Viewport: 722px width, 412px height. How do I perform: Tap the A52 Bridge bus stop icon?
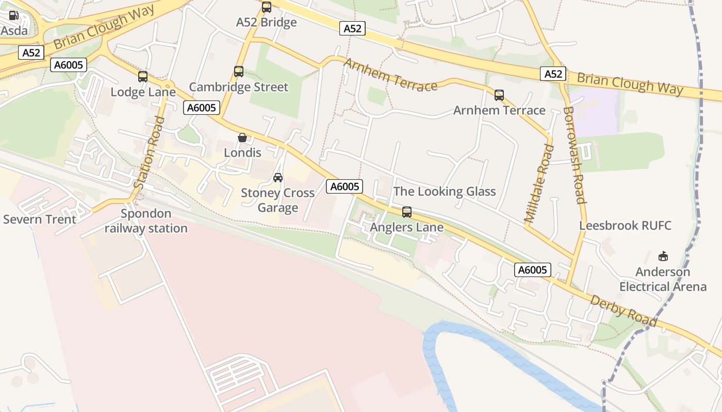[x=267, y=7]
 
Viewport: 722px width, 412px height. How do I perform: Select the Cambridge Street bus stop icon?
[x=239, y=72]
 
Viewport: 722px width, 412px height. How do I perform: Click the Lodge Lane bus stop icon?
[x=143, y=77]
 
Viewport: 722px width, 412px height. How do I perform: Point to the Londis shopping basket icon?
[x=242, y=138]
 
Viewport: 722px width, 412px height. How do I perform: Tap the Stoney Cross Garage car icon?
[x=278, y=178]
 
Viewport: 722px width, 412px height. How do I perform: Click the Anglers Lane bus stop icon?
[x=407, y=212]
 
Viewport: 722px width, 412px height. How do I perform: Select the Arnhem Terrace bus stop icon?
[x=499, y=95]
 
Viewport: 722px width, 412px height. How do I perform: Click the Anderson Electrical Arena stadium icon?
[x=663, y=256]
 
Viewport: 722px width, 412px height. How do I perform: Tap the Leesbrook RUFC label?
[x=625, y=226]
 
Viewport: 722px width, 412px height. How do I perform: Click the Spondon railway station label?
[x=146, y=221]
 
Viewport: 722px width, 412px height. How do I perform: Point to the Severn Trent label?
[x=40, y=219]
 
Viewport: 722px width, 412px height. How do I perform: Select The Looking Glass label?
[x=445, y=192]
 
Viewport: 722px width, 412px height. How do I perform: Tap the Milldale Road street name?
[x=539, y=183]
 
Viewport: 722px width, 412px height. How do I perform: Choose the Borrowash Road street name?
[x=574, y=155]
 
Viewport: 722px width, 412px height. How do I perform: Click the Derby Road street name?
[x=623, y=311]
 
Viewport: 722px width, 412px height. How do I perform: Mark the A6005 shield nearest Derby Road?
[x=532, y=270]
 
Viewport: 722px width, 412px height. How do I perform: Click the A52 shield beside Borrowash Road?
[x=553, y=74]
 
